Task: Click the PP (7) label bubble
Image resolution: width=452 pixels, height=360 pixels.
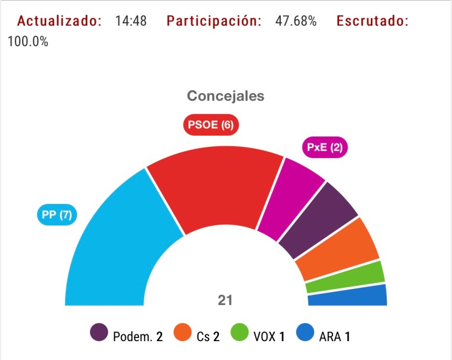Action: [x=57, y=215]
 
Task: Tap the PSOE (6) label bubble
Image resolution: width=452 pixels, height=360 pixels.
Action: [x=210, y=125]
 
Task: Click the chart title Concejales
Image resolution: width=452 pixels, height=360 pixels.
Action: [x=225, y=96]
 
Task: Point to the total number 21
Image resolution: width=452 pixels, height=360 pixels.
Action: [x=225, y=300]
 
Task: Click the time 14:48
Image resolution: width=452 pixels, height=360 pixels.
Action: [x=131, y=22]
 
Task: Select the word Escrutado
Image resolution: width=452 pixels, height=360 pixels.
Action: [x=372, y=22]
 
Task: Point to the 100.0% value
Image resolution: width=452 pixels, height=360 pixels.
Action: [x=28, y=41]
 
